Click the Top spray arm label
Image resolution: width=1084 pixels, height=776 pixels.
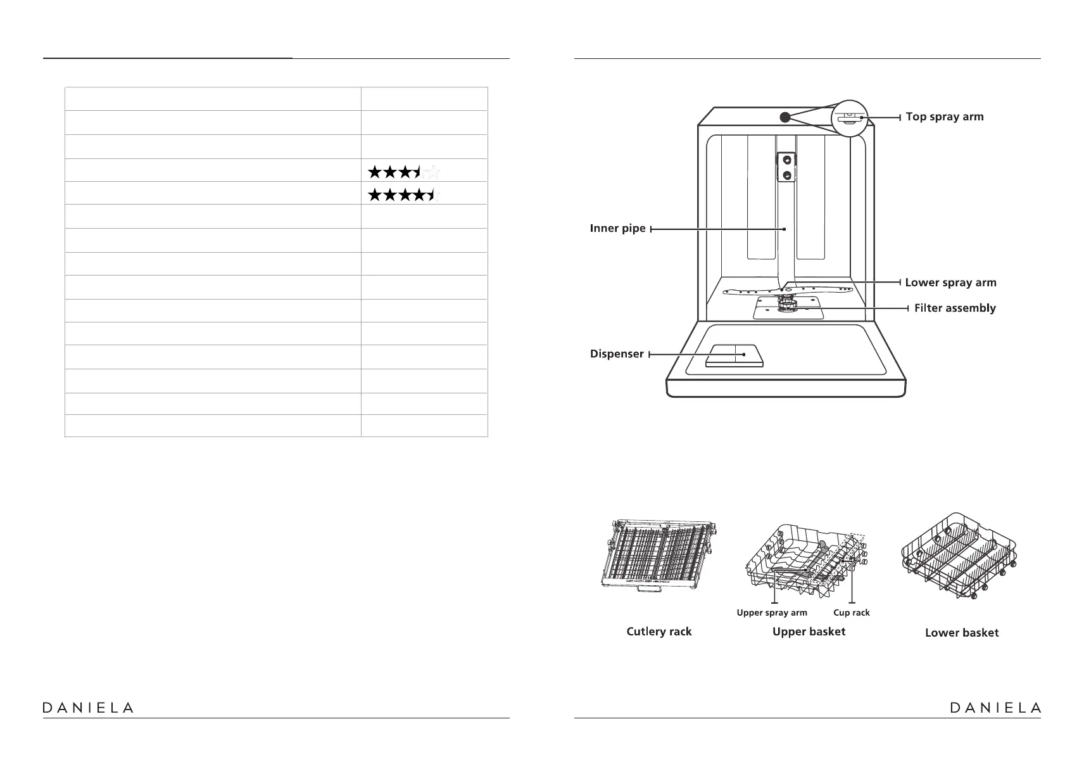[944, 117]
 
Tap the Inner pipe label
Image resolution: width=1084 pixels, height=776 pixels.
[617, 228]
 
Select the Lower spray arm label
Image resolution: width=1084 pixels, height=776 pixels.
[950, 283]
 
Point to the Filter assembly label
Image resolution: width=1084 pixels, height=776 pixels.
[955, 308]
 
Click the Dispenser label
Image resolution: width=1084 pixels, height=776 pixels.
[617, 354]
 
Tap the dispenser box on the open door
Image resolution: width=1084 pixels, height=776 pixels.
[734, 355]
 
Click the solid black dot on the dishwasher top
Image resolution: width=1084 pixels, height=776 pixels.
[785, 117]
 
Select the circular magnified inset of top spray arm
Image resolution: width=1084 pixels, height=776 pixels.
[848, 118]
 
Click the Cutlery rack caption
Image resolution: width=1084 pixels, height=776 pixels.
[659, 632]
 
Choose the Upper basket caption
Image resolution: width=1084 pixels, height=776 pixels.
[809, 632]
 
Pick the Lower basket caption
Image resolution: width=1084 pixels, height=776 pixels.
[961, 632]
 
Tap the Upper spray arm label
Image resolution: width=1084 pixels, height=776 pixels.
[772, 613]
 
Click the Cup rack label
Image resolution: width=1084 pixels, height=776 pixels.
[851, 613]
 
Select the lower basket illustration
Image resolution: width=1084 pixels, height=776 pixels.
[959, 556]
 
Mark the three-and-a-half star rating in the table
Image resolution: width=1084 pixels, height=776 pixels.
[404, 171]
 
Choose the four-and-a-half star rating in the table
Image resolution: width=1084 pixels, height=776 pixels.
[404, 194]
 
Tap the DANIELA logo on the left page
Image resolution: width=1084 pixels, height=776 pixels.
[88, 708]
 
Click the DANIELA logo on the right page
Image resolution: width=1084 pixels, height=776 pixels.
[995, 708]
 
